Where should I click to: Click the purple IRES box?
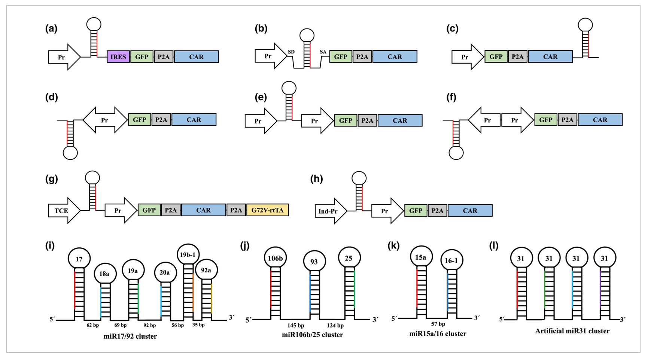point(118,57)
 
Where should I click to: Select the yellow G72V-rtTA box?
point(267,210)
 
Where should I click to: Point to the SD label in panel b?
point(291,52)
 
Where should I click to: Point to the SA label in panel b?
point(323,52)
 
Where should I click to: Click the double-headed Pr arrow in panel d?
point(105,120)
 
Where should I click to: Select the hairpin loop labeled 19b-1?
point(188,255)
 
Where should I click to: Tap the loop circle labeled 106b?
point(275,257)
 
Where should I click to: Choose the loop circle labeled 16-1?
point(451,260)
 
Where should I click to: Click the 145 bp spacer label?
point(296,326)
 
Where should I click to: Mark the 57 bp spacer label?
point(438,324)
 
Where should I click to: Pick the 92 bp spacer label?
point(150,326)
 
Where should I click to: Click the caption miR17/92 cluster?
point(130,336)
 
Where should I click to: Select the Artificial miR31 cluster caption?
point(572,331)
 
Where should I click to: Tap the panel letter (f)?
point(451,98)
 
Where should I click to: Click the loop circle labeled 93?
point(314,262)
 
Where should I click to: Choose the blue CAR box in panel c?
point(550,57)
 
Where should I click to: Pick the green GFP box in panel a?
point(142,57)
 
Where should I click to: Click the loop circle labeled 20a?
point(165,272)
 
